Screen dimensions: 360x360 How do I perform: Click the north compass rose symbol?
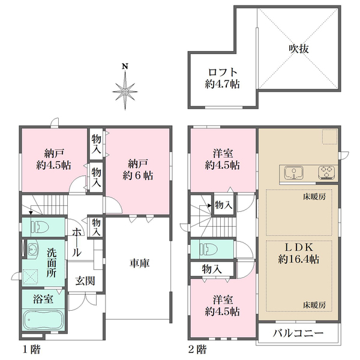pos(125,91)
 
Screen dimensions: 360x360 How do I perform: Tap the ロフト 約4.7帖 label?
pos(222,78)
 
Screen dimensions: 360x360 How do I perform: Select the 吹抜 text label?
pos(299,49)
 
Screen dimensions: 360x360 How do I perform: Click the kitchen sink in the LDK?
pos(294,173)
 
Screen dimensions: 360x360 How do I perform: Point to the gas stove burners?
pos(326,173)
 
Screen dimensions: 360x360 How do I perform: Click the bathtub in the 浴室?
pos(43,320)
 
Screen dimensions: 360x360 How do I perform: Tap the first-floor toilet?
pos(40,227)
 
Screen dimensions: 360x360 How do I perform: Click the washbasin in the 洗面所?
pos(32,248)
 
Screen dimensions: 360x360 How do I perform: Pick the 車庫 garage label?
pos(140,263)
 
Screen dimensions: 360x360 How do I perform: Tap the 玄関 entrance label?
pos(85,281)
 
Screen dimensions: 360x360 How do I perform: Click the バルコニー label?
pos(298,333)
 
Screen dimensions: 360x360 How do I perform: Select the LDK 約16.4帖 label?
pos(298,253)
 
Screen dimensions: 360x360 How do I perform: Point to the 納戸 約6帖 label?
pos(138,170)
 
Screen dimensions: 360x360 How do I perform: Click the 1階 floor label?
pos(31,350)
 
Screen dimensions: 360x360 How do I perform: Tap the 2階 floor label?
pos(197,350)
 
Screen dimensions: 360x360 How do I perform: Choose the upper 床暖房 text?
pos(314,197)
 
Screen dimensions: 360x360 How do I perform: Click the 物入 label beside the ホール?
pos(96,227)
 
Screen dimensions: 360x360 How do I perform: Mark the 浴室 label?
pos(43,299)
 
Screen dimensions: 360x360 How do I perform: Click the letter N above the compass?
pos(125,67)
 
